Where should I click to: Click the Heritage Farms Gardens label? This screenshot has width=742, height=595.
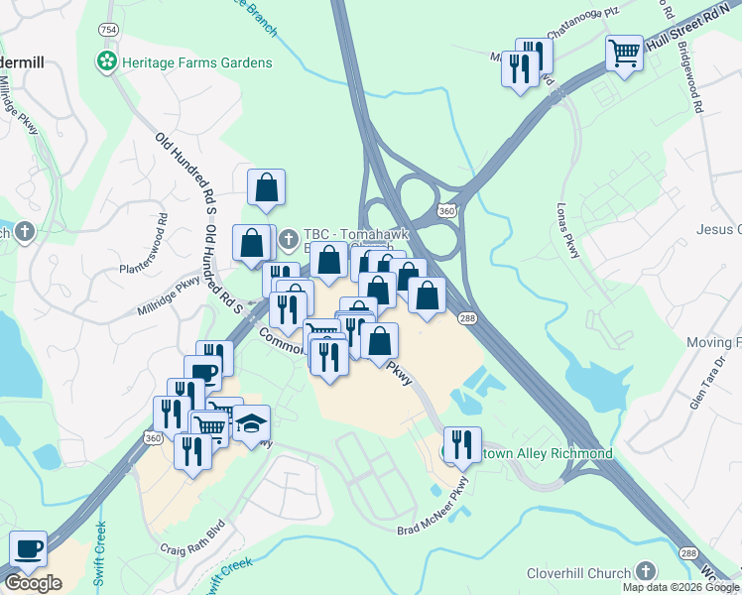click(196, 62)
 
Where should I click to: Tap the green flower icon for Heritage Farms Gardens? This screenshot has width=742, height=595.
click(105, 62)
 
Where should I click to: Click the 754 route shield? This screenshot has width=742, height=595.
click(107, 30)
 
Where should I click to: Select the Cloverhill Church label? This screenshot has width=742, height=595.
click(581, 573)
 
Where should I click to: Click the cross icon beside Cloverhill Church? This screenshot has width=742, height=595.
click(646, 572)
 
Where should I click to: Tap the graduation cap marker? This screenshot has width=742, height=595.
click(251, 423)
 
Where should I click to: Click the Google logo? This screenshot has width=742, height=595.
click(34, 583)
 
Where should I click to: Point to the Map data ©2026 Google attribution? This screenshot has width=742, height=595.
click(680, 587)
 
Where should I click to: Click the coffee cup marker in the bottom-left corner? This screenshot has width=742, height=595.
click(28, 548)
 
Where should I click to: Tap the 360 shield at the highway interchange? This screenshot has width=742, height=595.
click(448, 211)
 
